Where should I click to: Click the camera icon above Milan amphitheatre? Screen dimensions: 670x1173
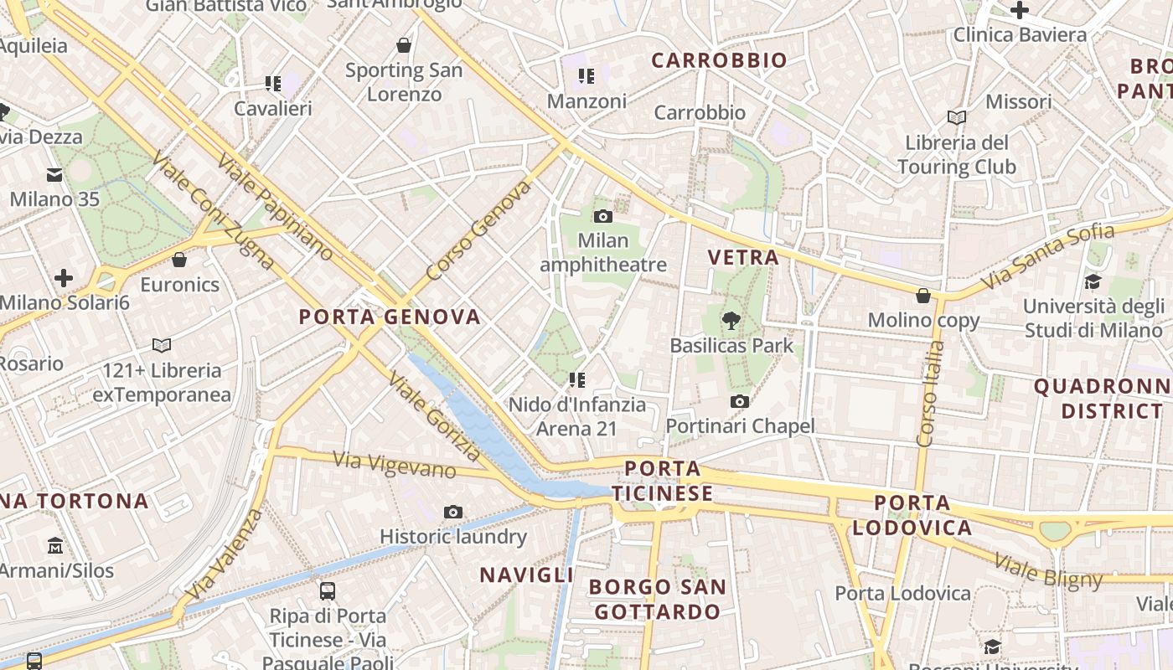pos(602,216)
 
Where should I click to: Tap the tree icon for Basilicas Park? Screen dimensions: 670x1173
pos(731,320)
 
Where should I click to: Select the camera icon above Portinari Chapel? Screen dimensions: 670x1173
pos(739,402)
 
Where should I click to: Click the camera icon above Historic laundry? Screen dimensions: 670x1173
pos(453,512)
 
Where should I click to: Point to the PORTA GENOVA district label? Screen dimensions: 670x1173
pos(390,317)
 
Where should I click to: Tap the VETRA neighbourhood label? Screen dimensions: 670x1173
pos(743,258)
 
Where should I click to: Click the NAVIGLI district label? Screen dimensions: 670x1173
pos(526,575)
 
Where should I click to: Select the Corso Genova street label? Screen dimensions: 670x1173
pos(478,231)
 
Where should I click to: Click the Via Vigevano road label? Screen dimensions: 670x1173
pos(395,465)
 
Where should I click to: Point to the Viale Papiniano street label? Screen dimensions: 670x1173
pos(274,207)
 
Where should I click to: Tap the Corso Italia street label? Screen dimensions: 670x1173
pos(930,394)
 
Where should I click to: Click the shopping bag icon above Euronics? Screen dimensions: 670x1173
pos(179,260)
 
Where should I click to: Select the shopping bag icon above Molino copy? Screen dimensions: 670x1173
pos(923,296)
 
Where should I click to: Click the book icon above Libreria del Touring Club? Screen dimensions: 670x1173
pos(956,117)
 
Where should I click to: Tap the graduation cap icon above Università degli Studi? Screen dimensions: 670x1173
pos(1093,281)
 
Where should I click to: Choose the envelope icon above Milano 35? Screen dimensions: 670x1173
pos(54,175)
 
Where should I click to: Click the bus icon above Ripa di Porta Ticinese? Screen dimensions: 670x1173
pos(328,591)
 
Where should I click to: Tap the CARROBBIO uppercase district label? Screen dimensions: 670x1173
pos(719,60)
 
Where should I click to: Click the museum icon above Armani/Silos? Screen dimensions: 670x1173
pos(55,545)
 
